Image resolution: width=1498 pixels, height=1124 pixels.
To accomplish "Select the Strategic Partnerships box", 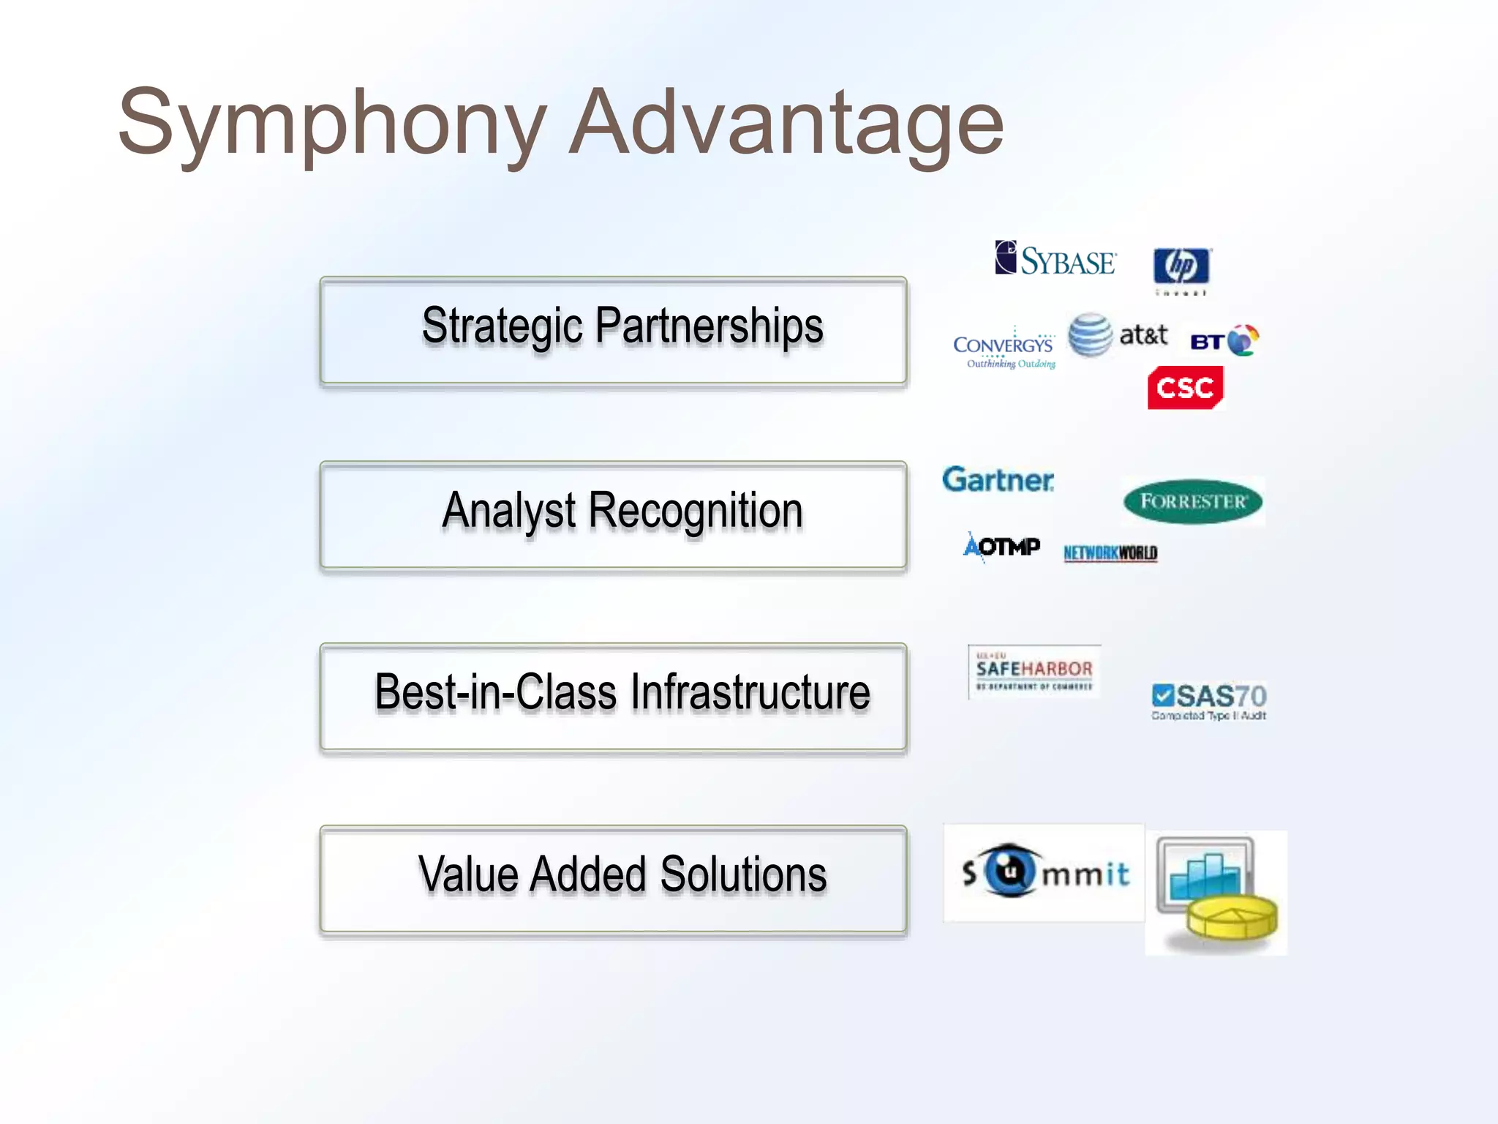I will tap(613, 330).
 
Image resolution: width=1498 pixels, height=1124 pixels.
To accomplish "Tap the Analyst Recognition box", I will tap(613, 514).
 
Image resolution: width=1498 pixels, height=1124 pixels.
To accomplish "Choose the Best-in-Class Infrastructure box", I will tap(613, 697).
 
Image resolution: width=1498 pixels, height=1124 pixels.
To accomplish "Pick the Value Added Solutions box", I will tap(613, 879).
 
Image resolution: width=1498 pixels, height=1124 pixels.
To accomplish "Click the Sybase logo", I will tap(1055, 259).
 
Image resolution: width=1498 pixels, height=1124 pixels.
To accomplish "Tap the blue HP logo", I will tap(1181, 266).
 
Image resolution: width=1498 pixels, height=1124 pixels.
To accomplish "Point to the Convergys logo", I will tap(1004, 348).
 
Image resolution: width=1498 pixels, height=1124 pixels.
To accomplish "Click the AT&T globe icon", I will tap(1090, 335).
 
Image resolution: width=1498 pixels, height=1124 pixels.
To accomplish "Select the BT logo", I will tap(1224, 340).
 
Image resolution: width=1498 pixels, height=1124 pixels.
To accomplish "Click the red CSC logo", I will tap(1185, 387).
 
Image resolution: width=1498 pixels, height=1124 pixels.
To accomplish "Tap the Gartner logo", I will tap(998, 480).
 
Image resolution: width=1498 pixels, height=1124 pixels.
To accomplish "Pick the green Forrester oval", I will tap(1193, 501).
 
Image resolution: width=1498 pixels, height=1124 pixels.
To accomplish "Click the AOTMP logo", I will tap(1001, 547).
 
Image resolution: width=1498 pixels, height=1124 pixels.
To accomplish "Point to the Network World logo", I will tap(1110, 552).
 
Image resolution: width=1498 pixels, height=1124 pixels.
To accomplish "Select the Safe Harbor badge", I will tap(1034, 671).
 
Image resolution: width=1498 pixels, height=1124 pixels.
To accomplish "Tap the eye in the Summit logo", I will tap(1011, 871).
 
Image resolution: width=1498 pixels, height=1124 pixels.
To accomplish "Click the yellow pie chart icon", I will tap(1232, 918).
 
